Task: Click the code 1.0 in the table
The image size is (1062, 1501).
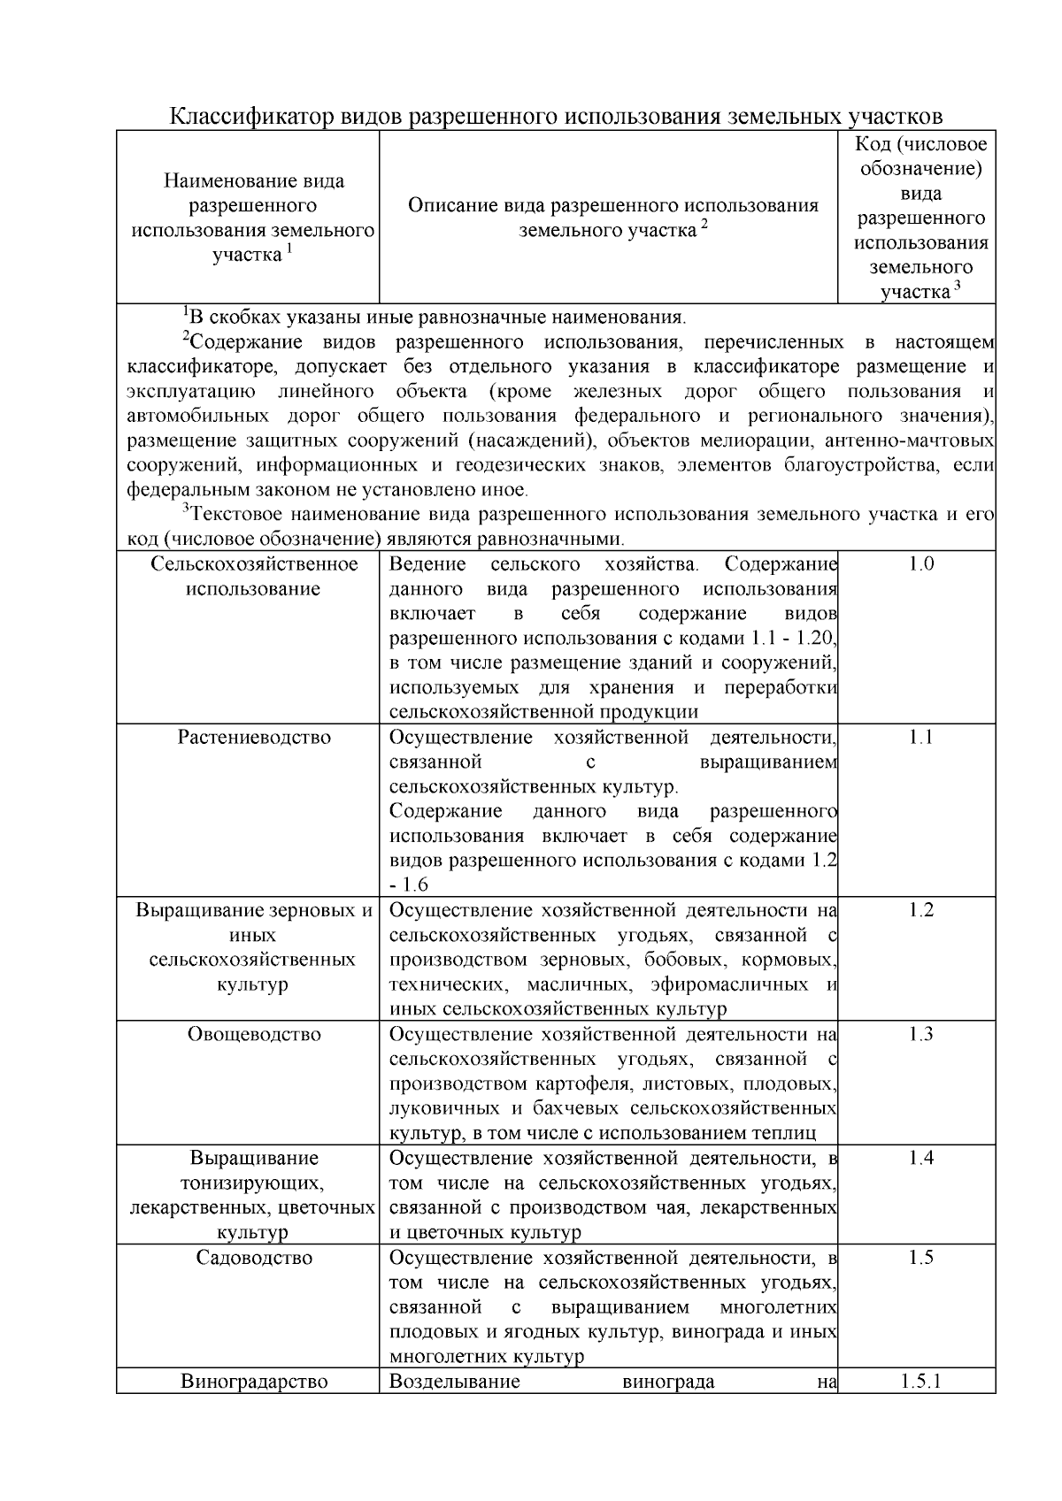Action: (920, 564)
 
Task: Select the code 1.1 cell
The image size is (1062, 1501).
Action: (920, 738)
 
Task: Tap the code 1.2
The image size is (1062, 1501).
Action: (920, 911)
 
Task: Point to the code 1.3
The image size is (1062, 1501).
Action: (920, 1035)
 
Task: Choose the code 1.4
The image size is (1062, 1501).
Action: (920, 1159)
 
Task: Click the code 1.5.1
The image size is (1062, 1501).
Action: (920, 1382)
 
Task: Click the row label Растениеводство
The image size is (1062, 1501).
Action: (254, 738)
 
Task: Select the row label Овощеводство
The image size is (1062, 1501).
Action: (254, 1035)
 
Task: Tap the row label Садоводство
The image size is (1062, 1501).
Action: (254, 1258)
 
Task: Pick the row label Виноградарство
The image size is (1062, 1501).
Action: (254, 1382)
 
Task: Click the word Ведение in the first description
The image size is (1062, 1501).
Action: (427, 564)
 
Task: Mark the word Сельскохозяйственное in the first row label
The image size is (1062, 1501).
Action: (254, 564)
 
